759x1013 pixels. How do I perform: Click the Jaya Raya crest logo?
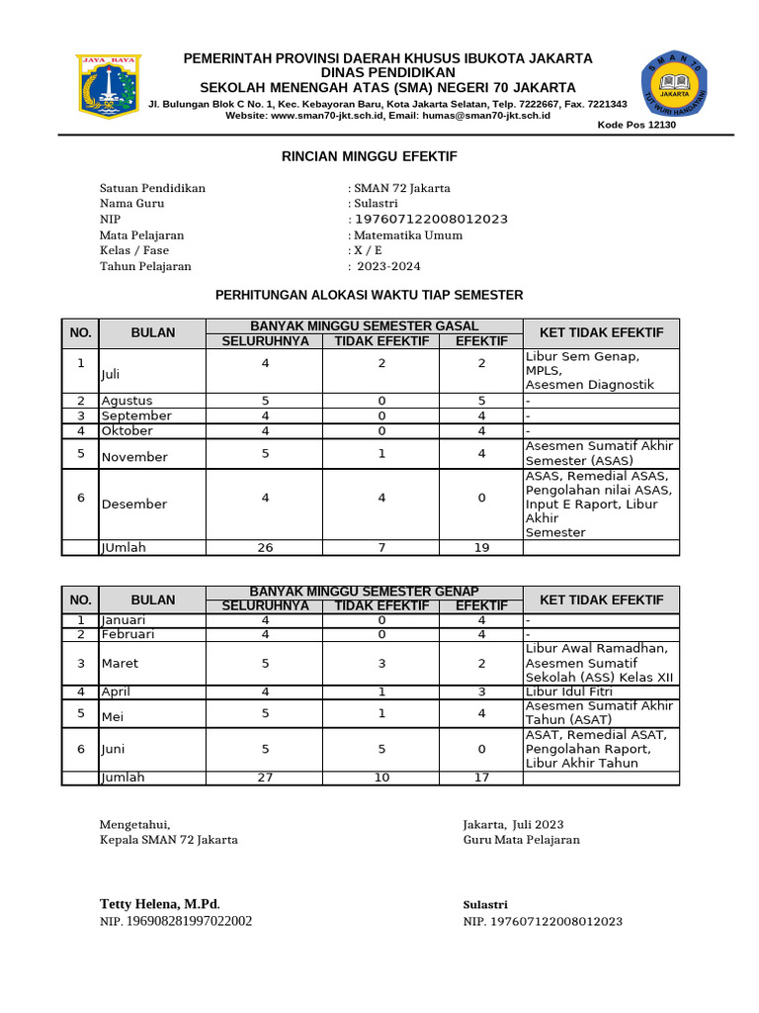tap(109, 88)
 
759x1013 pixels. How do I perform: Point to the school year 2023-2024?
tap(389, 266)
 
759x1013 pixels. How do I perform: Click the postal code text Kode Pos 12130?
tap(636, 125)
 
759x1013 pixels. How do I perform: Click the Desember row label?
tap(134, 504)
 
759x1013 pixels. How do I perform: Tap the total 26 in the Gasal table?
tap(265, 547)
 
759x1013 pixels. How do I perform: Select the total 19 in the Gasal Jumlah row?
tap(481, 547)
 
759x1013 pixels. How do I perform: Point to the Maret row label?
tap(120, 663)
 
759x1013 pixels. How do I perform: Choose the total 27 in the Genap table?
tap(265, 777)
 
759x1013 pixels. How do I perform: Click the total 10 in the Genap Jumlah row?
tap(381, 777)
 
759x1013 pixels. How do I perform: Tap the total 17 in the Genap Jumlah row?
tap(481, 777)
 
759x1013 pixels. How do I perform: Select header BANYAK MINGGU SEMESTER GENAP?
tap(364, 592)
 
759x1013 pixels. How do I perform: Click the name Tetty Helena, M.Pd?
tap(160, 904)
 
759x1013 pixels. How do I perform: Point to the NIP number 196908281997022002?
tap(176, 921)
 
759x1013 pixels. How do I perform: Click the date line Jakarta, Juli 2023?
tap(514, 824)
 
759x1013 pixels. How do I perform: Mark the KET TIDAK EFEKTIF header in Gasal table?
tap(601, 332)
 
